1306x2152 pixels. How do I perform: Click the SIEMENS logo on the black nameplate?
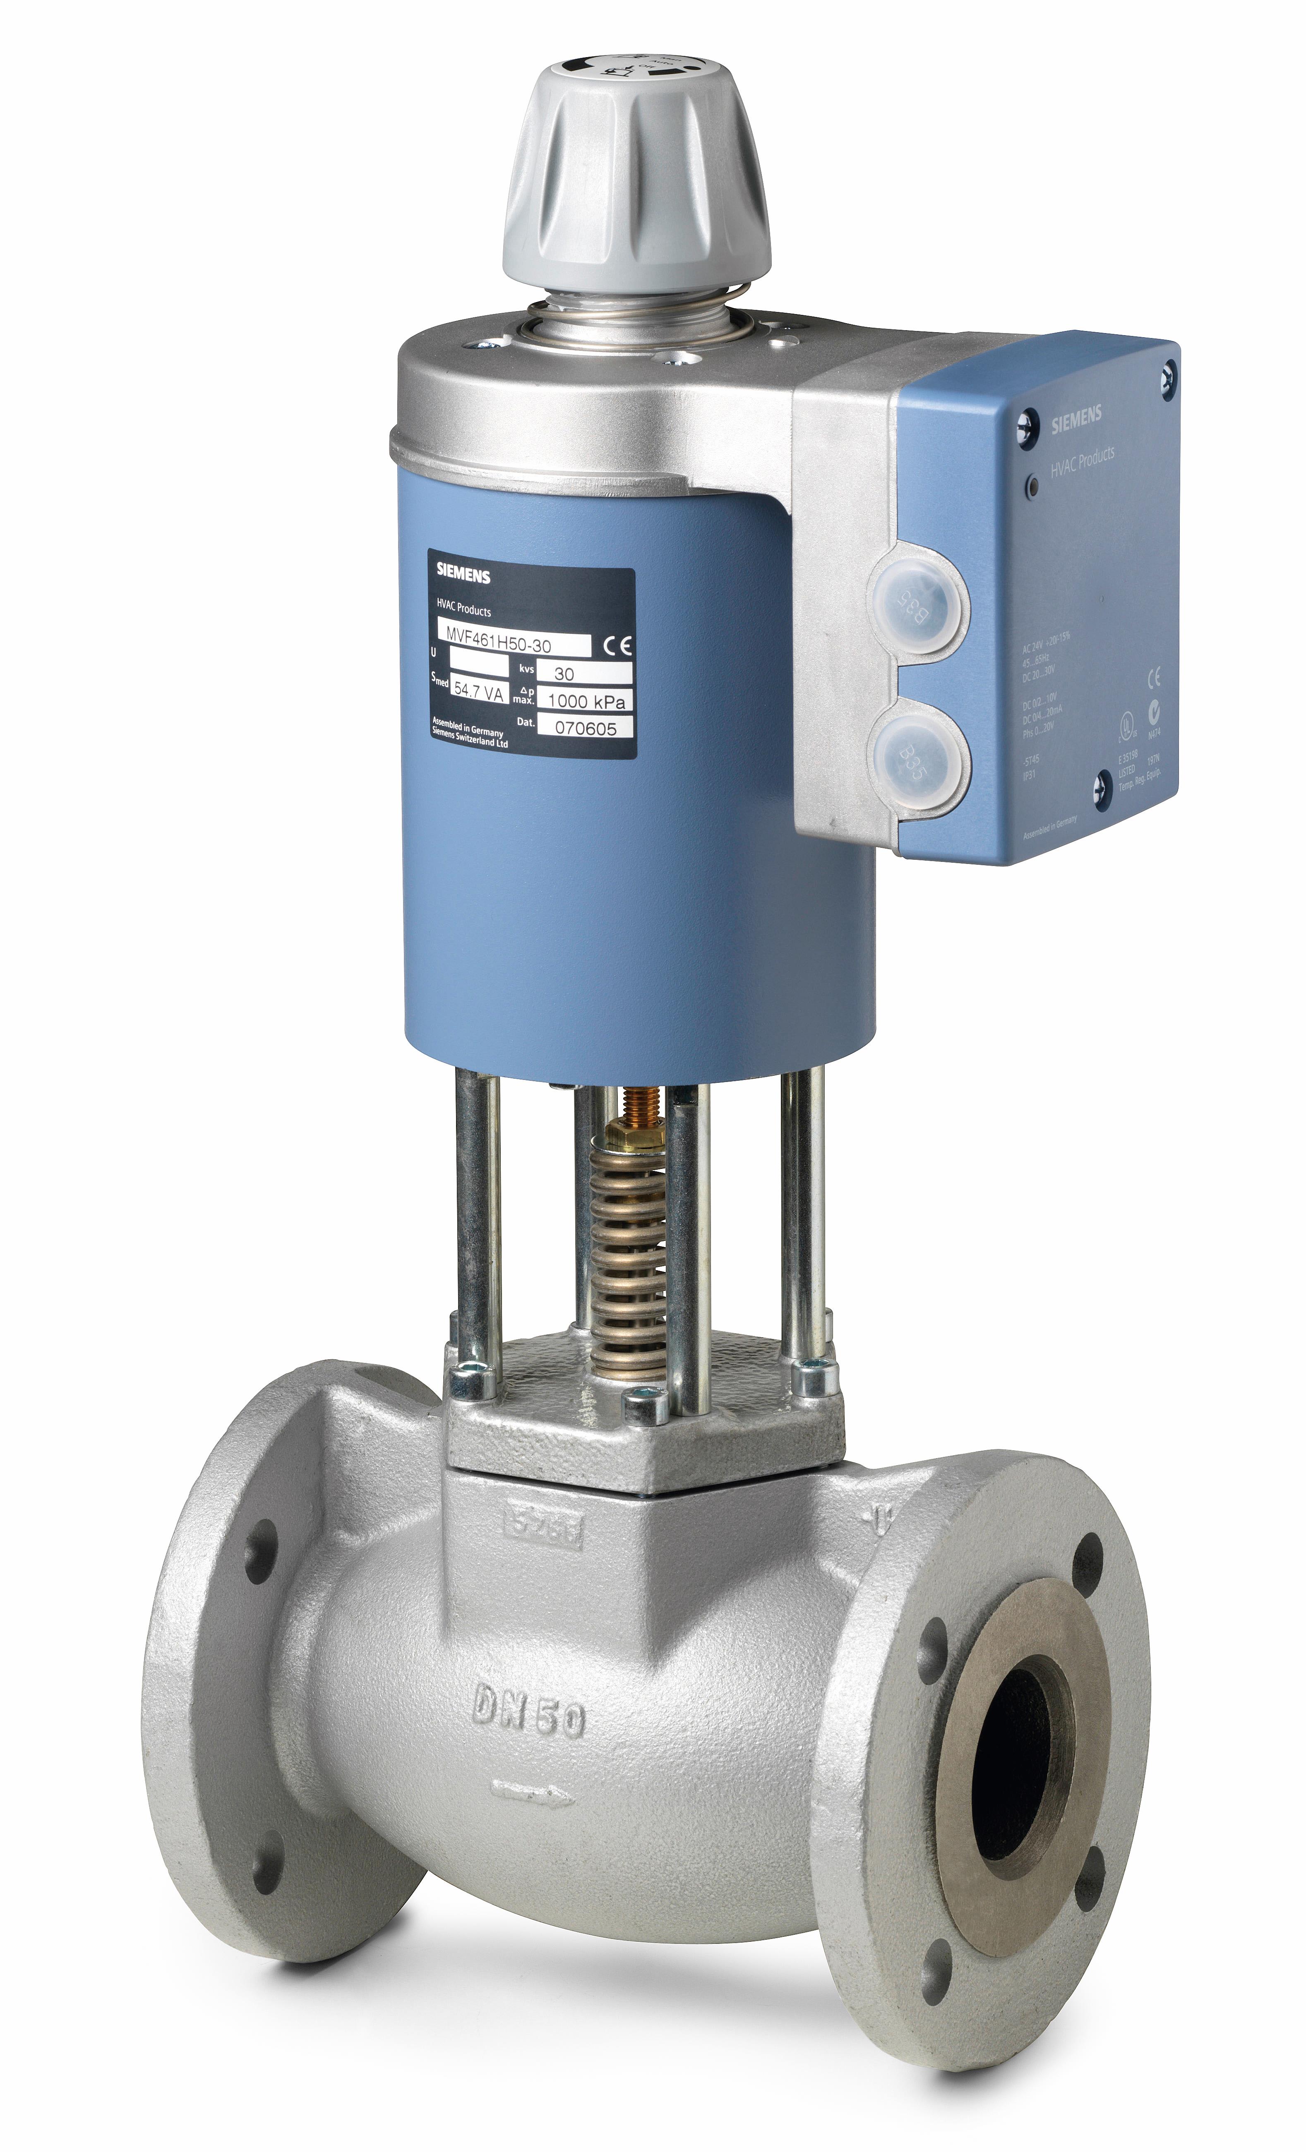463,575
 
